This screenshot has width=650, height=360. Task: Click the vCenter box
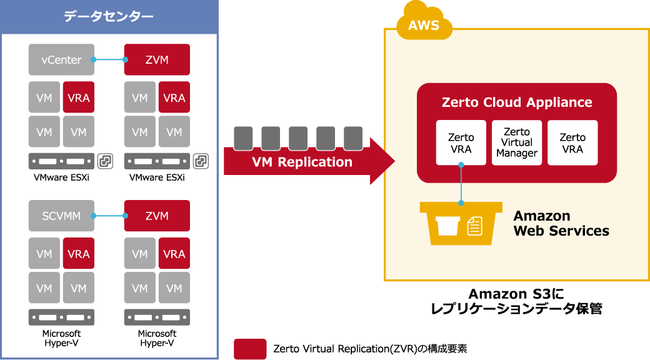pyautogui.click(x=61, y=60)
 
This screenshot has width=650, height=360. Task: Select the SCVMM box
pyautogui.click(x=61, y=216)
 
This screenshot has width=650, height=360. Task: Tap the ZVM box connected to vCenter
pyautogui.click(x=157, y=60)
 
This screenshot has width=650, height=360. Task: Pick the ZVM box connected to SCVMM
pyautogui.click(x=157, y=216)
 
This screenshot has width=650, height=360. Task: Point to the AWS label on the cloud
pyautogui.click(x=424, y=26)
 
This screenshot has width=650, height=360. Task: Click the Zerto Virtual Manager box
pyautogui.click(x=517, y=142)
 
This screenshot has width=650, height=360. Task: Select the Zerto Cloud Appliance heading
pyautogui.click(x=517, y=102)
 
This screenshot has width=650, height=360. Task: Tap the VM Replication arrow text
pyautogui.click(x=302, y=162)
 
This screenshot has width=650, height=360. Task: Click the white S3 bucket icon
pyautogui.click(x=448, y=226)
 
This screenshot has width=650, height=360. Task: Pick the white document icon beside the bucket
pyautogui.click(x=475, y=226)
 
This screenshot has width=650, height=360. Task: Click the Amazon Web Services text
pyautogui.click(x=561, y=223)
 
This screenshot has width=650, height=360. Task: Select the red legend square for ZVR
pyautogui.click(x=250, y=349)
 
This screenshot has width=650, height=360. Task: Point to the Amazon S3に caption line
pyautogui.click(x=516, y=294)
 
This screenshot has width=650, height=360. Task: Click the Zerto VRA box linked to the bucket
pyautogui.click(x=461, y=142)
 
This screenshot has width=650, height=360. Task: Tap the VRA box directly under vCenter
pyautogui.click(x=79, y=97)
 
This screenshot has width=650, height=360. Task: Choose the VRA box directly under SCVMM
pyautogui.click(x=79, y=254)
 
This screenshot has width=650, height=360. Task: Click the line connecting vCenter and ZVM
pyautogui.click(x=109, y=60)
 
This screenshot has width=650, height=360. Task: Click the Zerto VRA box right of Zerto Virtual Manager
pyautogui.click(x=572, y=142)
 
